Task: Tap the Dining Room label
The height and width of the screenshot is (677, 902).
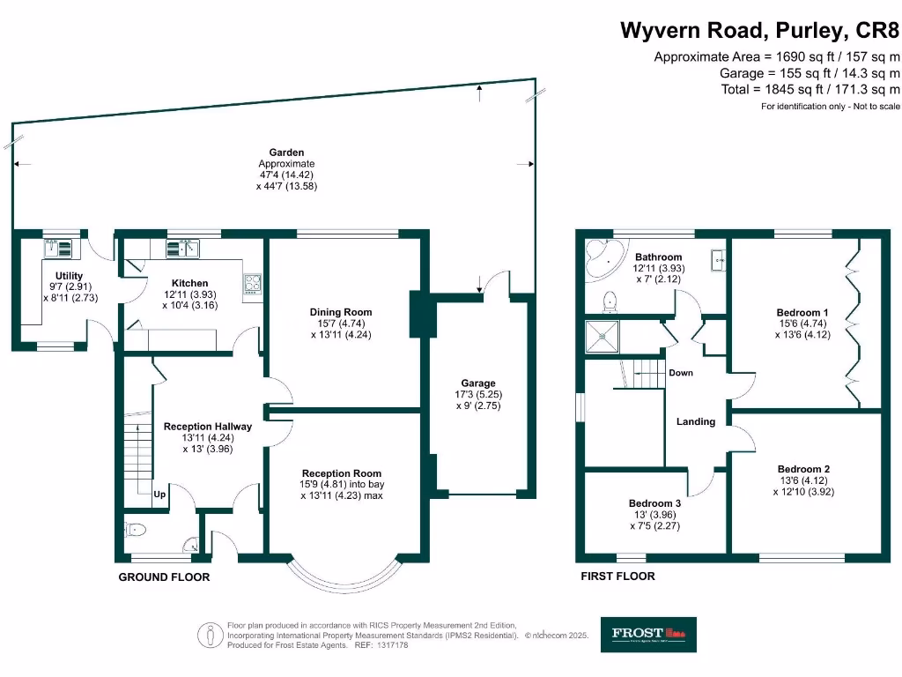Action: click(340, 312)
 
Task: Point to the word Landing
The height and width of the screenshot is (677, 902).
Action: click(695, 421)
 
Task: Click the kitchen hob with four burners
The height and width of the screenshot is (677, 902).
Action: click(252, 283)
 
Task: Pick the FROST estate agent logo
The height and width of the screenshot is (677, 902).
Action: click(648, 634)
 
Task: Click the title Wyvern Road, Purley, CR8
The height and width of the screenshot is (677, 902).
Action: click(760, 31)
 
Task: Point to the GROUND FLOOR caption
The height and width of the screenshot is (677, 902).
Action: click(164, 577)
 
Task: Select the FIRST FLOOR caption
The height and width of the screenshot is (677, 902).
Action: click(617, 577)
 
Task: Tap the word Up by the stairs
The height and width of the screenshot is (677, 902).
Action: click(159, 495)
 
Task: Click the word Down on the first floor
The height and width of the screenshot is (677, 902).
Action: click(681, 373)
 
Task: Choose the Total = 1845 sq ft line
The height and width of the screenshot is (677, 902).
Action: click(810, 89)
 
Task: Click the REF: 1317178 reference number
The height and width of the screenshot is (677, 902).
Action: click(381, 645)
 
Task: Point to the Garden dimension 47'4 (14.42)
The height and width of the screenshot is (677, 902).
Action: click(286, 175)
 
